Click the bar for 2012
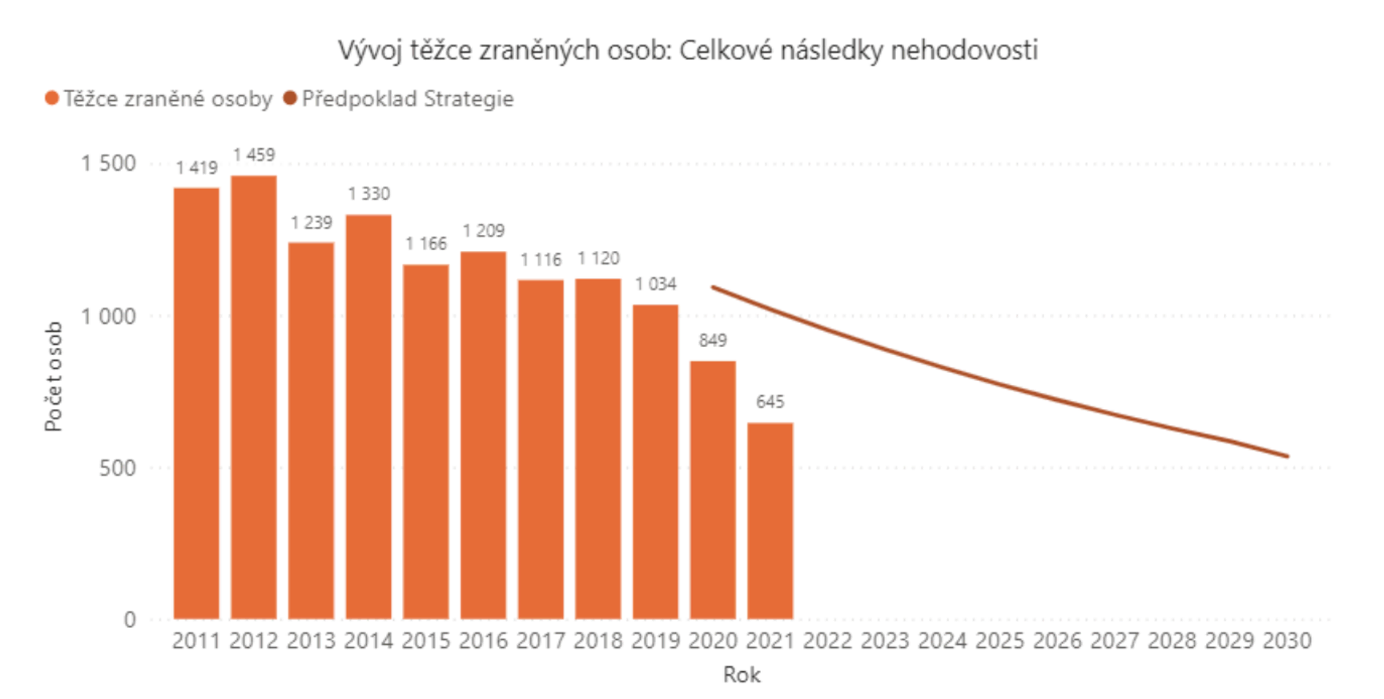[254, 398]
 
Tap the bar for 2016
[483, 435]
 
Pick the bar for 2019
[656, 461]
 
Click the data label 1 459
[254, 155]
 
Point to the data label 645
[770, 401]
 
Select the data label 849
[713, 340]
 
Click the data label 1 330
[369, 194]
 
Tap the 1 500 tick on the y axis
[108, 164]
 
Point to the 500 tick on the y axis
[118, 468]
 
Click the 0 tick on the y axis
[130, 620]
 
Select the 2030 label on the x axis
[1287, 641]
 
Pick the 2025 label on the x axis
[1000, 641]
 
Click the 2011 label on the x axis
[196, 641]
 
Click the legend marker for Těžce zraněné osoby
[52, 99]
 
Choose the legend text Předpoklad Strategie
[408, 99]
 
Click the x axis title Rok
[742, 675]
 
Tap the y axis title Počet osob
[53, 377]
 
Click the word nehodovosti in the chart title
[964, 50]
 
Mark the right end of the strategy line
[1288, 456]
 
